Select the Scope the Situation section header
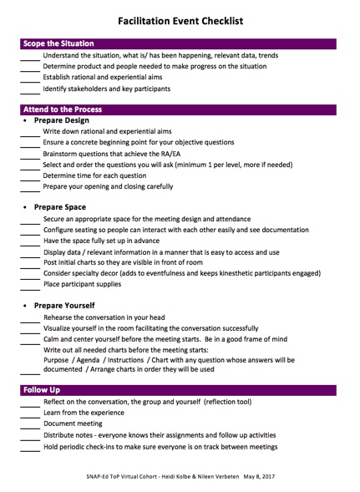[x=58, y=43]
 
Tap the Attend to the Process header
[x=63, y=109]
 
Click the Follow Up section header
[x=42, y=390]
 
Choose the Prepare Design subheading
[x=62, y=120]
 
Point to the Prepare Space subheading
[x=60, y=207]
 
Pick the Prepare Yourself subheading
[x=65, y=305]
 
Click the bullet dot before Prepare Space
[x=25, y=207]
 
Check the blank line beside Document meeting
[x=30, y=425]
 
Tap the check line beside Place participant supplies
[x=30, y=286]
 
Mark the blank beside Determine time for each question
[x=30, y=177]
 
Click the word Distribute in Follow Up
[x=63, y=435]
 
